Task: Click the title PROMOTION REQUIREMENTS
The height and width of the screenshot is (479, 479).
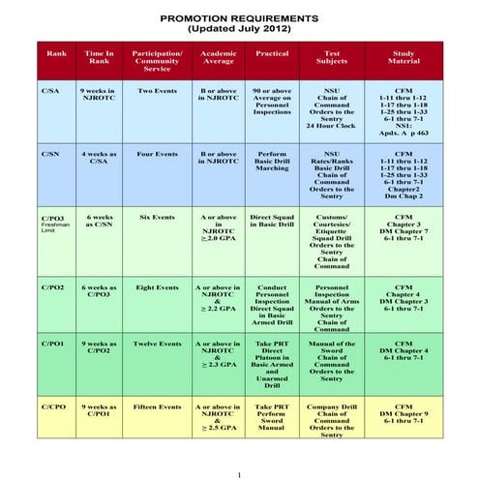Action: click(238, 18)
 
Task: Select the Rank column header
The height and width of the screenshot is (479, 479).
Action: click(56, 54)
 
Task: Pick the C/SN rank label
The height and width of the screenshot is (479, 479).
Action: click(50, 154)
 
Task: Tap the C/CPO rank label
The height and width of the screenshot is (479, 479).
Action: click(53, 407)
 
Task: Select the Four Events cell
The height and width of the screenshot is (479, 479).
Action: click(157, 154)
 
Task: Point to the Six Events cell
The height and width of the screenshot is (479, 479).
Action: click(157, 218)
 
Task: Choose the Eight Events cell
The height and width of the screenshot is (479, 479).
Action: click(157, 287)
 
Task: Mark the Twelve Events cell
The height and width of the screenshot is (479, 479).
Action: click(157, 344)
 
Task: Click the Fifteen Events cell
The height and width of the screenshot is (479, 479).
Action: click(157, 407)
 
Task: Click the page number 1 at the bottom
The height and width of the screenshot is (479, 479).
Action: click(239, 473)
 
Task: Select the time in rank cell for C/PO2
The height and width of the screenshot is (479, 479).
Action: click(99, 291)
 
